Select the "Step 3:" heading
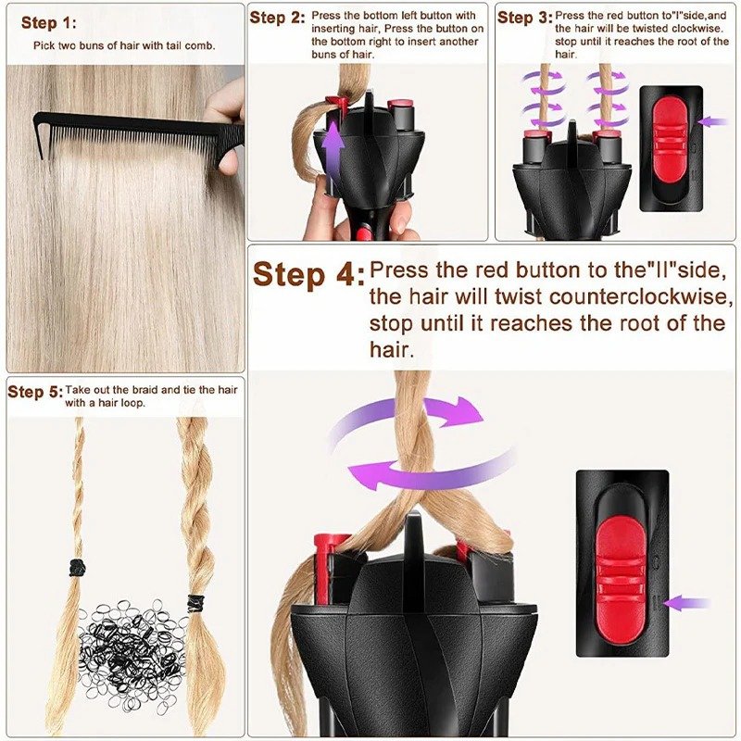point(524,18)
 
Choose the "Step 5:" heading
point(35,392)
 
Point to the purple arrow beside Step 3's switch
point(712,120)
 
